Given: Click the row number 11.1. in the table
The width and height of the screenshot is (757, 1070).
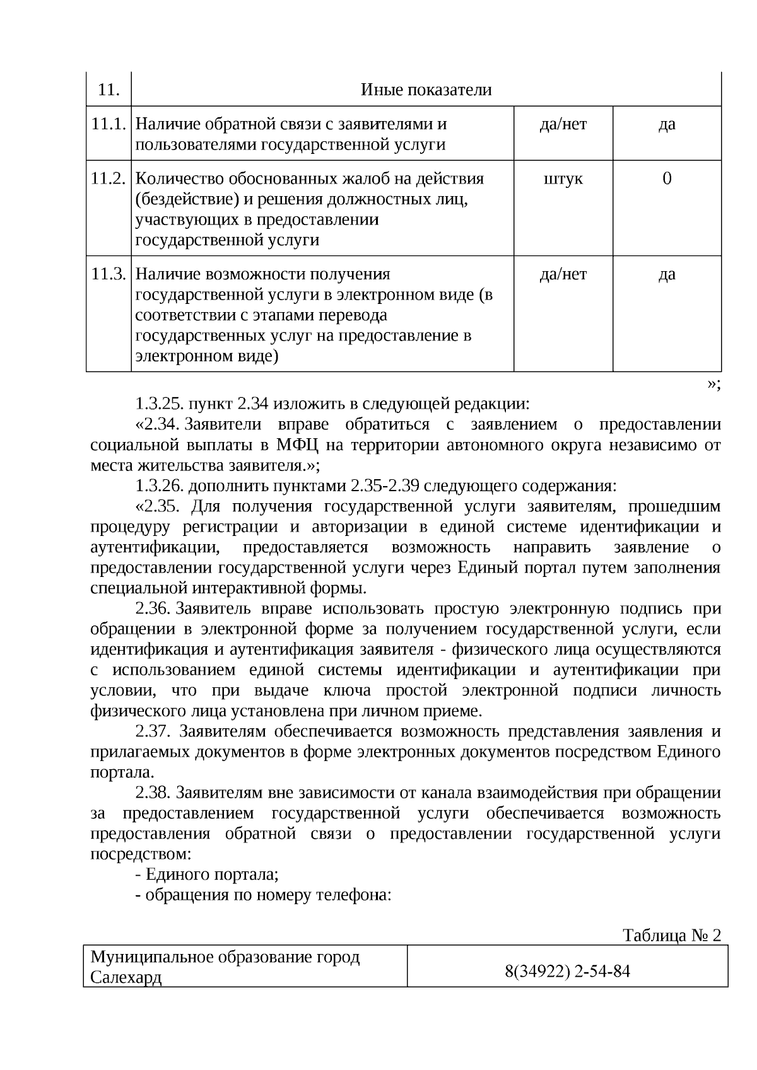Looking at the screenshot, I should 109,124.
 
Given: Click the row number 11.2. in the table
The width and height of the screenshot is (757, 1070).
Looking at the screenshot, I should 109,178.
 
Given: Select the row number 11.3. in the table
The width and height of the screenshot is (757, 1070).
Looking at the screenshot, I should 109,274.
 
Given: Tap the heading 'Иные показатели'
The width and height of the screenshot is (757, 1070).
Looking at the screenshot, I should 426,90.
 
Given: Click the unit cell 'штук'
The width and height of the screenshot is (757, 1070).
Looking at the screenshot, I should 563,178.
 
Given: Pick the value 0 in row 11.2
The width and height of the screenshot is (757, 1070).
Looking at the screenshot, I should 667,178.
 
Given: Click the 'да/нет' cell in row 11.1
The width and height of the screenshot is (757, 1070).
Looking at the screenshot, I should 563,124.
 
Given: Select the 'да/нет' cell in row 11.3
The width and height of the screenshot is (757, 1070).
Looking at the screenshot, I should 563,274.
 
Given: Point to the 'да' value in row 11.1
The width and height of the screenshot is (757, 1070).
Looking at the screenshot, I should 667,124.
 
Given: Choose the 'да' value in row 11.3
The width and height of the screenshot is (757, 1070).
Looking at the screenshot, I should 667,274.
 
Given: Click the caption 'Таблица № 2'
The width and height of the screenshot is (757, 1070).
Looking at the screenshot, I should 671,935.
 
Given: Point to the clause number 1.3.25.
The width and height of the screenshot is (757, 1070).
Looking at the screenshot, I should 159,404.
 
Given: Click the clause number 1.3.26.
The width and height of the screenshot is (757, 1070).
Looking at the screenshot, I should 159,486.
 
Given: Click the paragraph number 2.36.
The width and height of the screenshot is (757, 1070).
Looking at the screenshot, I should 153,608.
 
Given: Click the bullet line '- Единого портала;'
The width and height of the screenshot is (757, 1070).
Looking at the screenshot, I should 207,875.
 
